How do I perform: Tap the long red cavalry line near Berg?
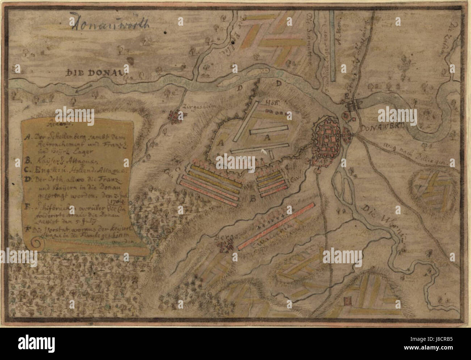(276, 227)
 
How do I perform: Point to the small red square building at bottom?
(349, 301)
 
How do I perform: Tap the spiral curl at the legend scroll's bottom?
(36, 244)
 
